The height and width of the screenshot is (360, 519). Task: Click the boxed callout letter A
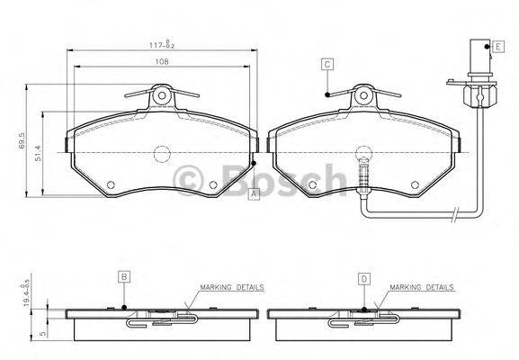(254, 194)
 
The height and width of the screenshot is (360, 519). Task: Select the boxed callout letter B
(124, 277)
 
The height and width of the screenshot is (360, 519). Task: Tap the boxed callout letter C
(327, 64)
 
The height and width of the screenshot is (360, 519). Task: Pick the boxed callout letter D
(364, 279)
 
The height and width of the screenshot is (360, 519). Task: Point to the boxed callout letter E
(498, 47)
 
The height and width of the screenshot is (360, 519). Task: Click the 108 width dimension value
(162, 61)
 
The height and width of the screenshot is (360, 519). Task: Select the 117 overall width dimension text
(162, 44)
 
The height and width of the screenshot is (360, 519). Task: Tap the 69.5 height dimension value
(22, 140)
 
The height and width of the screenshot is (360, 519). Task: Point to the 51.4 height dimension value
(39, 154)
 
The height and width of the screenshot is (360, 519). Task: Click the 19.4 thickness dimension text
(27, 295)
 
